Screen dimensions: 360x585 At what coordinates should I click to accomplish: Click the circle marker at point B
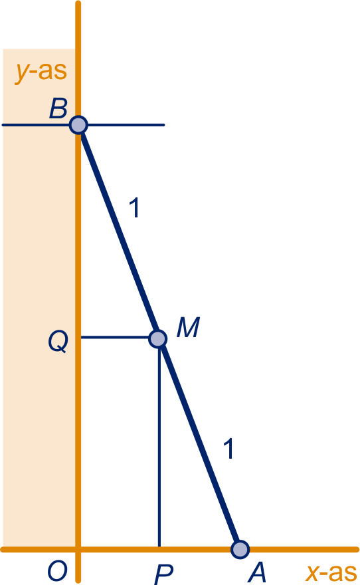click(x=78, y=124)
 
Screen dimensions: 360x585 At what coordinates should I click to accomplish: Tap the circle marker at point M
click(x=157, y=339)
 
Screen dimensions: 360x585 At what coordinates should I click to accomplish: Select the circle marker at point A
click(x=240, y=549)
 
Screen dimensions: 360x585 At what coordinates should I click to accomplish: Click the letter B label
click(x=58, y=108)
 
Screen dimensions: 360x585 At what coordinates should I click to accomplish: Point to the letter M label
click(x=188, y=327)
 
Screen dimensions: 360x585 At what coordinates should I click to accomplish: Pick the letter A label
click(x=258, y=572)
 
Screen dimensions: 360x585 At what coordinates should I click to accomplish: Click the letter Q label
click(x=58, y=342)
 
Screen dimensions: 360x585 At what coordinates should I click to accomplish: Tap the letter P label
click(x=163, y=574)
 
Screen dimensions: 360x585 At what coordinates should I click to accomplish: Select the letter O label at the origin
click(x=57, y=571)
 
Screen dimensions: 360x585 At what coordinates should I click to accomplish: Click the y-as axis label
click(x=41, y=72)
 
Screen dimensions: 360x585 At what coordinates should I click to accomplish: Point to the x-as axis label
click(x=331, y=572)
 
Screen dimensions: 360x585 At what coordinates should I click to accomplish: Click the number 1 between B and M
click(x=135, y=208)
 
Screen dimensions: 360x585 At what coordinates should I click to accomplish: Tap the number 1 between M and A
click(x=229, y=449)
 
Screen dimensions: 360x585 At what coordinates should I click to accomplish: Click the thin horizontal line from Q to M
click(x=115, y=337)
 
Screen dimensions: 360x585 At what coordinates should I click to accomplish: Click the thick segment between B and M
click(x=118, y=232)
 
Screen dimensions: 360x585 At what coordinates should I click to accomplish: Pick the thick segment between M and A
click(x=199, y=444)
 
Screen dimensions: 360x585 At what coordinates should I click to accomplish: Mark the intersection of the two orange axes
click(x=78, y=549)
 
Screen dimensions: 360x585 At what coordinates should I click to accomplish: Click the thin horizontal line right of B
click(x=126, y=124)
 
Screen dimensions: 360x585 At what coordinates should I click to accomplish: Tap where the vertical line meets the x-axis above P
click(x=159, y=549)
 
